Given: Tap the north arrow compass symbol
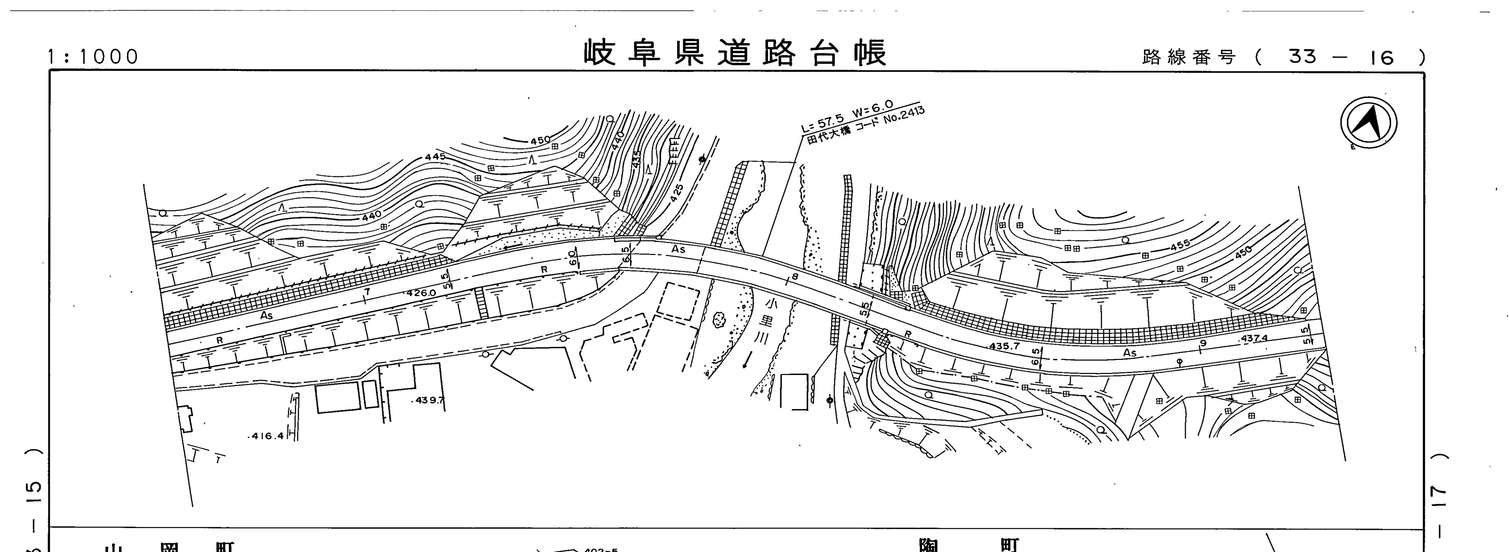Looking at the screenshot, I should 1368,123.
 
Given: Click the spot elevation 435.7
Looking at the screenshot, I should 1004,346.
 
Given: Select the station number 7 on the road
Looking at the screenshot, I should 367,291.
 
